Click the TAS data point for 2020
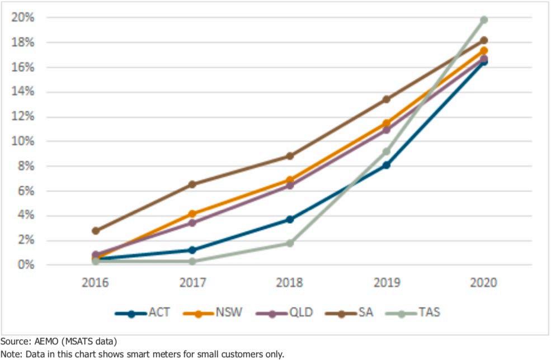(x=483, y=20)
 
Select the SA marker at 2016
(x=96, y=230)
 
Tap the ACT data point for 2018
(x=290, y=219)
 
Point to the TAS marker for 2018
(x=290, y=243)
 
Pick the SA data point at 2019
(x=386, y=100)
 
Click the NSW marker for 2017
(x=192, y=214)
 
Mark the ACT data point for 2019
(x=386, y=165)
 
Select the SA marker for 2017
(x=192, y=184)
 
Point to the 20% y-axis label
(x=23, y=17)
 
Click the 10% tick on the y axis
(x=23, y=141)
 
